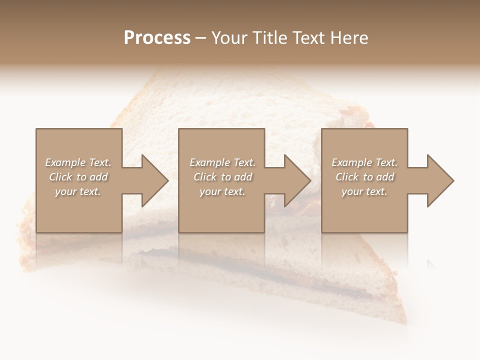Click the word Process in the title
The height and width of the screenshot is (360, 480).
pyautogui.click(x=157, y=38)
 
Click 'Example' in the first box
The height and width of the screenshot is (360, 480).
pyautogui.click(x=65, y=162)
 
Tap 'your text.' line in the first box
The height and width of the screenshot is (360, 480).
pyautogui.click(x=78, y=191)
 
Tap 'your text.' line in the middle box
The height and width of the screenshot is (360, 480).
pyautogui.click(x=222, y=191)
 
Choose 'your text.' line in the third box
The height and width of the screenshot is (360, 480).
pyautogui.click(x=364, y=191)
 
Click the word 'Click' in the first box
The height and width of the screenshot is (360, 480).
pyautogui.click(x=61, y=177)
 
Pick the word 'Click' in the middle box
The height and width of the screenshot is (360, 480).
pyautogui.click(x=205, y=177)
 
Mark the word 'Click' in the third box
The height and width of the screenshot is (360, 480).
pyautogui.click(x=347, y=177)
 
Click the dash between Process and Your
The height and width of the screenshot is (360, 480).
pyautogui.click(x=200, y=38)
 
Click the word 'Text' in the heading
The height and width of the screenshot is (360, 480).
pyautogui.click(x=308, y=38)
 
